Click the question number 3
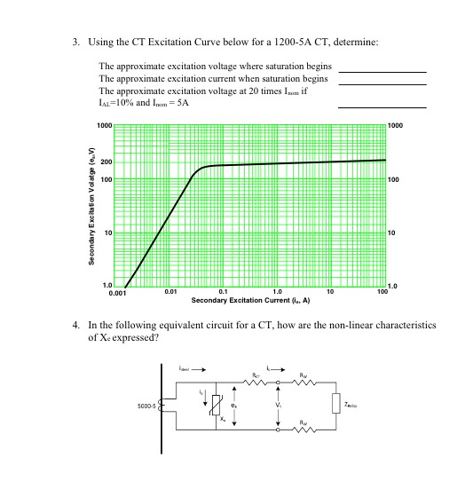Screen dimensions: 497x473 pyautogui.click(x=77, y=43)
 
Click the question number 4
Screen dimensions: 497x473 pyautogui.click(x=77, y=326)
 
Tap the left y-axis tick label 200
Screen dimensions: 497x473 pyautogui.click(x=106, y=162)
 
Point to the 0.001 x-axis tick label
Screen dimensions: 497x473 pyautogui.click(x=117, y=292)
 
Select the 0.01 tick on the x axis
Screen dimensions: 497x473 pyautogui.click(x=170, y=291)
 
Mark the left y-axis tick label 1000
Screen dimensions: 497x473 pyautogui.click(x=104, y=126)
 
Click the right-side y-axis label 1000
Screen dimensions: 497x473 pyautogui.click(x=396, y=126)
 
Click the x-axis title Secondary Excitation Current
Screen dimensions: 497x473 pyautogui.click(x=250, y=300)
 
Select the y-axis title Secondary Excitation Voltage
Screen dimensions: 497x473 pyautogui.click(x=91, y=206)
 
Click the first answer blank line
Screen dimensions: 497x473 pyautogui.click(x=382, y=71)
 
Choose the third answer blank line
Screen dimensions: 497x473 pyautogui.click(x=382, y=108)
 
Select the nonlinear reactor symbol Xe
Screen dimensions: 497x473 pyautogui.click(x=216, y=406)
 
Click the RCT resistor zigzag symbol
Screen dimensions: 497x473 pyautogui.click(x=256, y=384)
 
